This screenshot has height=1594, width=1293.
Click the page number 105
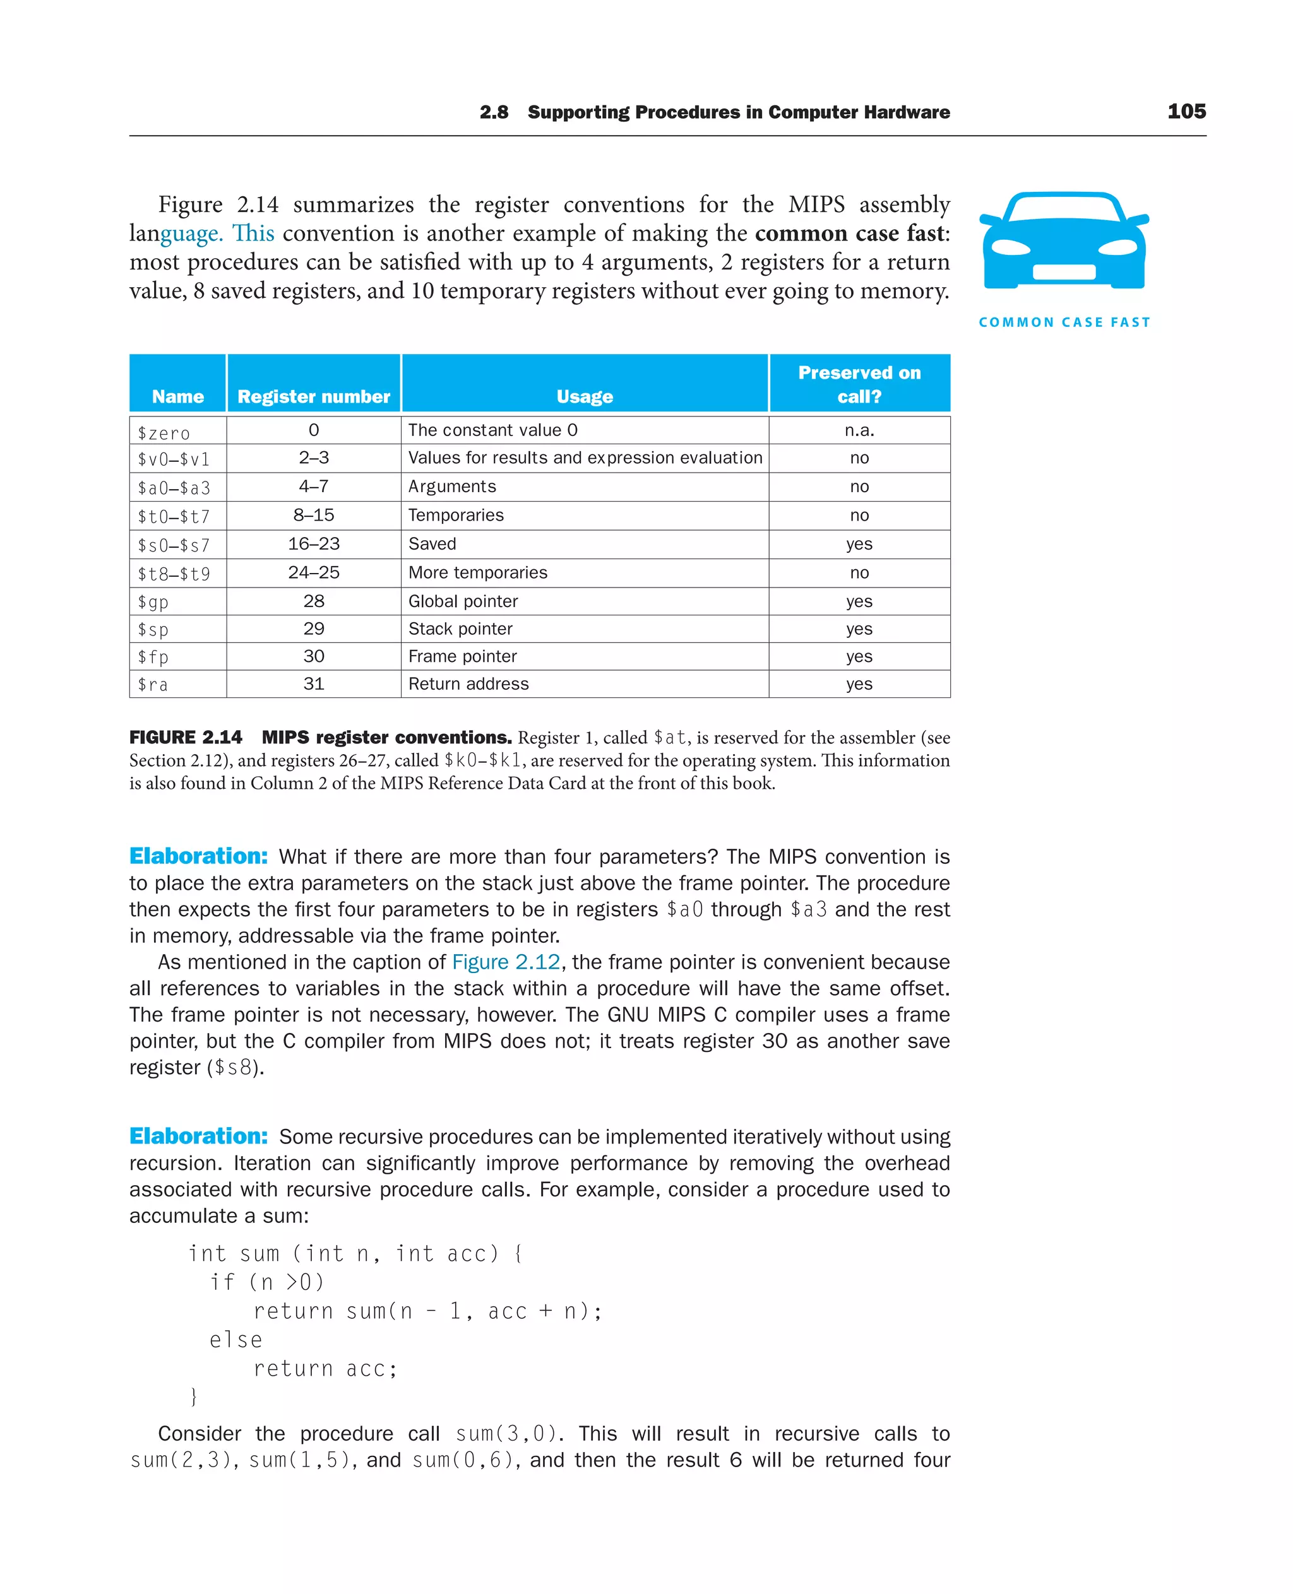click(x=1186, y=112)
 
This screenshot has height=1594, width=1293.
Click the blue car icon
click(x=1064, y=240)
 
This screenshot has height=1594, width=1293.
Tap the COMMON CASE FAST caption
click(x=1064, y=322)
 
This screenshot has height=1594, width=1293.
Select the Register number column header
click(x=314, y=397)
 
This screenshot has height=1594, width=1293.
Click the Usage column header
click(x=585, y=397)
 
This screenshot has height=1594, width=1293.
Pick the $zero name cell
click(x=164, y=432)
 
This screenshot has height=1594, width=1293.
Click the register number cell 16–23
click(x=314, y=544)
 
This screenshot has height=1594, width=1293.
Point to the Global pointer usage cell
click(x=463, y=601)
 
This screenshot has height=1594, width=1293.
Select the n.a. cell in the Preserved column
click(x=859, y=430)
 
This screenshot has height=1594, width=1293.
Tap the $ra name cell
click(x=153, y=684)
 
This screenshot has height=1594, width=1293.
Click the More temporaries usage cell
click(x=477, y=572)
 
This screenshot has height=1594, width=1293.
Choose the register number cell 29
click(x=314, y=629)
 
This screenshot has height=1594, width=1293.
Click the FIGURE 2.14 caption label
click(x=186, y=738)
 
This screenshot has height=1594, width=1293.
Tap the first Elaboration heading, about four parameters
click(x=198, y=856)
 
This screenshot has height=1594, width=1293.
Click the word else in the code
click(x=235, y=1340)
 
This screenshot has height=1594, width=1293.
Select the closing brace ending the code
click(x=194, y=1396)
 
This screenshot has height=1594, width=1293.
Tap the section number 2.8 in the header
click(x=494, y=112)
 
